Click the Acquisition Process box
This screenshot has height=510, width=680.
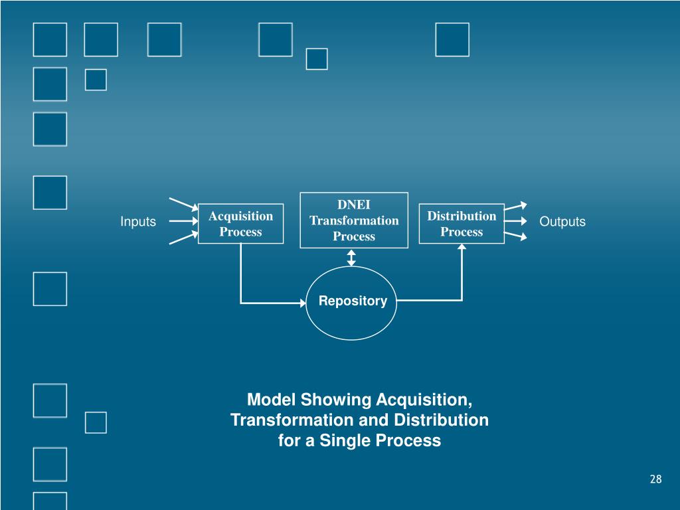[240, 224]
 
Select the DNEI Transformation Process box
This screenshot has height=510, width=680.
[354, 220]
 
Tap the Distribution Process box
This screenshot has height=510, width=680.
[462, 224]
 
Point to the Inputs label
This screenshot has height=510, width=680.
[138, 222]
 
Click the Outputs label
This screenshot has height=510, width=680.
[562, 222]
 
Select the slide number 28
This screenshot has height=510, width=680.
[656, 479]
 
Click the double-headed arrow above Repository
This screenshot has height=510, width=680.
[352, 258]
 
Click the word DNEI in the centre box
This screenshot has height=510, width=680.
[354, 205]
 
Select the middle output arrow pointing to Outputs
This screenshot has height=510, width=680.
[515, 222]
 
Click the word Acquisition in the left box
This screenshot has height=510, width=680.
[240, 216]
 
